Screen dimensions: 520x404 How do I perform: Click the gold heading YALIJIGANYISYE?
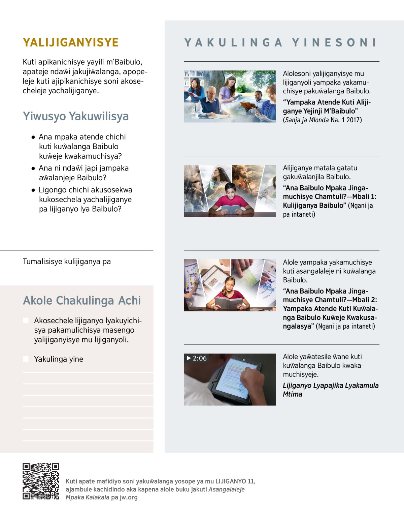coord(71,42)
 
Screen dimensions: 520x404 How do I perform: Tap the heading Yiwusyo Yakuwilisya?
coord(76,116)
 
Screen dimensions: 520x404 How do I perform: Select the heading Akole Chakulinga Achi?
coord(82,301)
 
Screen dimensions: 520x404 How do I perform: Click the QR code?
coord(41,481)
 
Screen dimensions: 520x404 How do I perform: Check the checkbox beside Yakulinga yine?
coord(26,359)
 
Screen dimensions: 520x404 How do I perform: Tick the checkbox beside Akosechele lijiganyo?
coord(26,320)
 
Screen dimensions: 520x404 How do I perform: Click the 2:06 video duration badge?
coord(197,358)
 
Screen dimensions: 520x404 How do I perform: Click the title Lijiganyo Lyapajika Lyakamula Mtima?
coord(330,390)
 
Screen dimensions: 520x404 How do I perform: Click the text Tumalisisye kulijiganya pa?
coord(67,262)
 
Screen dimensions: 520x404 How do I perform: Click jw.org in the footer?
coord(129,497)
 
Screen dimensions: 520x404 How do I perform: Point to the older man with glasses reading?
coord(211,99)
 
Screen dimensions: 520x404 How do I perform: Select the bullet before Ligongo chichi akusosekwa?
coord(33,190)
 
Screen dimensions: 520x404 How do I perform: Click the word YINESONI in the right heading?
coord(334,42)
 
